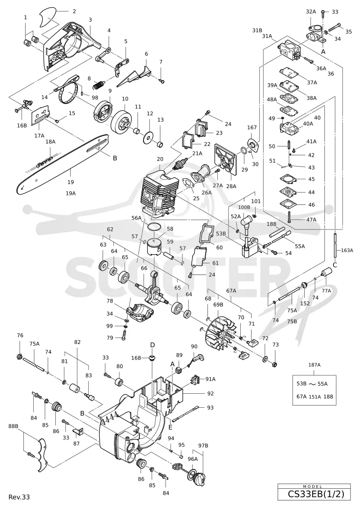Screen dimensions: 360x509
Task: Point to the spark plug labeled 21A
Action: click(180, 163)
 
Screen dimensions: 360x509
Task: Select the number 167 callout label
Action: click(252, 127)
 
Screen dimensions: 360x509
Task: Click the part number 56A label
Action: click(137, 218)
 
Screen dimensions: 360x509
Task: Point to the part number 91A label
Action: click(210, 379)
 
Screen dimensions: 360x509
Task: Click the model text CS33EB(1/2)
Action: click(315, 494)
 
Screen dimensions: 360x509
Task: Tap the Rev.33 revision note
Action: click(19, 497)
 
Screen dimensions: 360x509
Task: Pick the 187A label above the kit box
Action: click(314, 365)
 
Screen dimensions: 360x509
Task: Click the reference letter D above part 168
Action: click(152, 344)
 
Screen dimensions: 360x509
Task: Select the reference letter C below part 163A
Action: click(335, 265)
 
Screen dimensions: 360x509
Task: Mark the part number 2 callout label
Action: click(74, 11)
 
